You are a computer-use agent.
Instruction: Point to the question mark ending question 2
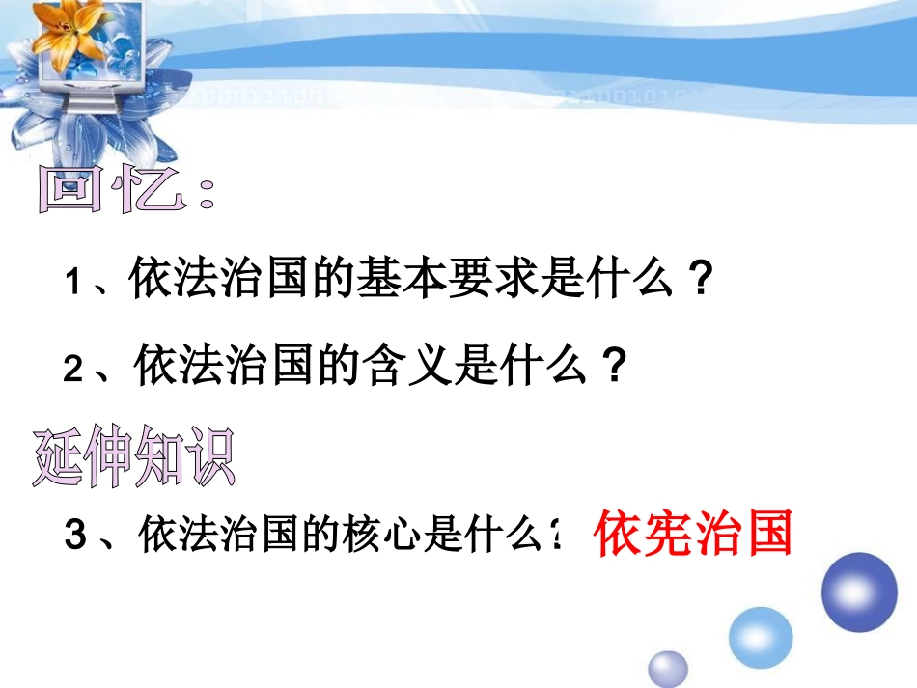pos(608,368)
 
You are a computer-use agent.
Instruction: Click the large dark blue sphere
pos(858,592)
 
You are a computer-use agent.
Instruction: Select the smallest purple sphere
pos(667,669)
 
